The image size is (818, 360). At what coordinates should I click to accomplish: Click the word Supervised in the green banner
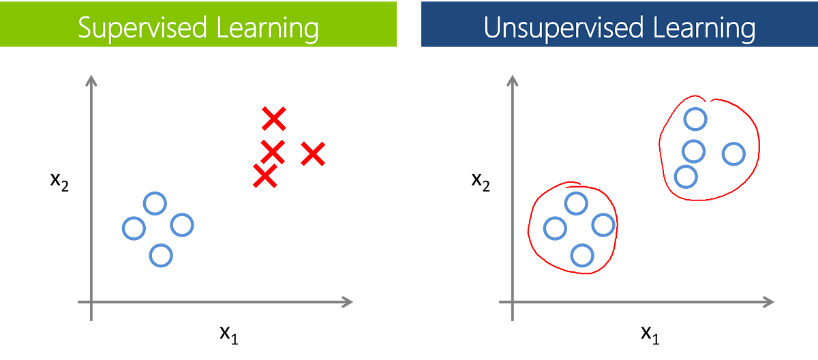pyautogui.click(x=142, y=28)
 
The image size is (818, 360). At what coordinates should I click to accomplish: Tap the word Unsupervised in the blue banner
pyautogui.click(x=563, y=28)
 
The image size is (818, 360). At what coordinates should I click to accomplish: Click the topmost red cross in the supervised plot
pyautogui.click(x=274, y=119)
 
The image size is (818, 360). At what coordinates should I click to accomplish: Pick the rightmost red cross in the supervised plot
pyautogui.click(x=313, y=153)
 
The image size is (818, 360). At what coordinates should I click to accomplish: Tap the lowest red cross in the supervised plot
pyautogui.click(x=265, y=176)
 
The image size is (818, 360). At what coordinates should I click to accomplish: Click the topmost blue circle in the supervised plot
pyautogui.click(x=155, y=203)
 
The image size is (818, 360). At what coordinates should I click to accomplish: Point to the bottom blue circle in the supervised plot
pyautogui.click(x=161, y=256)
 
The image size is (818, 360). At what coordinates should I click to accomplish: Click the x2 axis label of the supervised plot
pyautogui.click(x=59, y=181)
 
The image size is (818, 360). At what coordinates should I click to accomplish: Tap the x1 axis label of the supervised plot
pyautogui.click(x=229, y=335)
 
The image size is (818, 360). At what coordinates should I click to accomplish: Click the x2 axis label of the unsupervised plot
pyautogui.click(x=481, y=181)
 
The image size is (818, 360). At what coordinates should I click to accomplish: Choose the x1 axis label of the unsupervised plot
pyautogui.click(x=650, y=335)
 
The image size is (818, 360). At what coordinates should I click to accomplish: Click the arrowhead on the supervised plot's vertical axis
pyautogui.click(x=91, y=80)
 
